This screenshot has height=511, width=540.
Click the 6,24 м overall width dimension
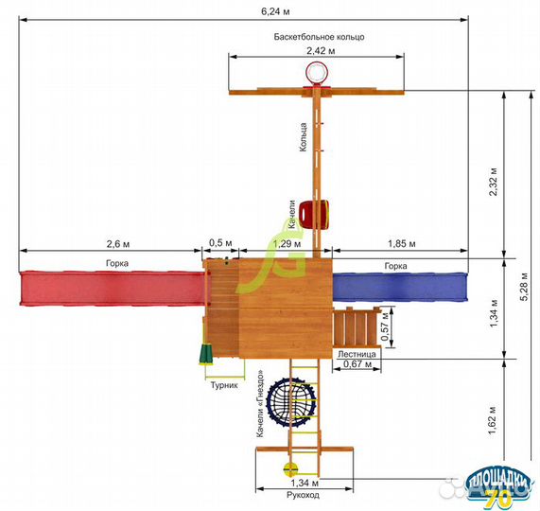[x=275, y=11]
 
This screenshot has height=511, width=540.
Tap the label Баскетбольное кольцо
[x=319, y=37]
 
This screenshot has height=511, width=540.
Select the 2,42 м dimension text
[x=321, y=51]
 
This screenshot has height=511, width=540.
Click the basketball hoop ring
[x=316, y=72]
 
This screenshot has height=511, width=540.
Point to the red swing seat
[x=314, y=214]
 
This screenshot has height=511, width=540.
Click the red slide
[x=112, y=289]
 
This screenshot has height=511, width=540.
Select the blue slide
[x=400, y=287]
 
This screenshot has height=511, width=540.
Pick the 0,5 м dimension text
[x=220, y=243]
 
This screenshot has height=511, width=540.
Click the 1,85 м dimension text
[x=402, y=244]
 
